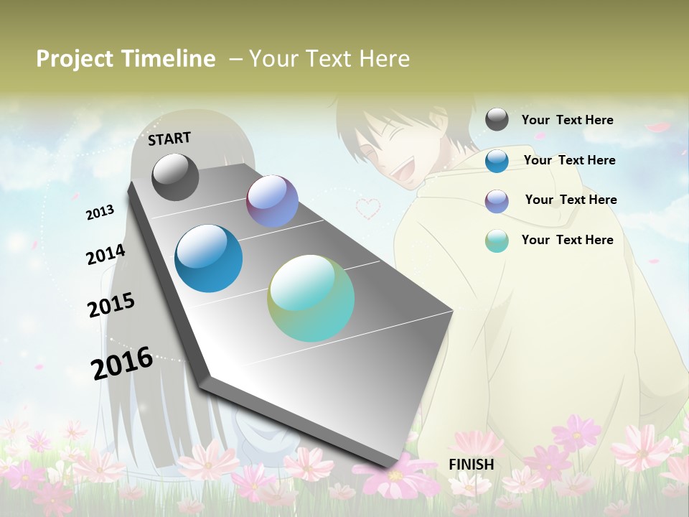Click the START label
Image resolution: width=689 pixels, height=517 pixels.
coord(169,139)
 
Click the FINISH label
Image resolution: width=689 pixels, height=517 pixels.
coord(471,465)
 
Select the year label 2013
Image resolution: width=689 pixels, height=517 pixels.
coord(100,212)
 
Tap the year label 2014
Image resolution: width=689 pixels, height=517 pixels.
coord(106,254)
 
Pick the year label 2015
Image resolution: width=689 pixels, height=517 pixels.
coord(111,305)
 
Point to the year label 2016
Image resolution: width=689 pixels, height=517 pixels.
coord(122,363)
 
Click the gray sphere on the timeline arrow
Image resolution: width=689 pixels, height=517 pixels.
coord(175,177)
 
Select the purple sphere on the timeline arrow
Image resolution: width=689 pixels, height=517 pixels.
coord(272,201)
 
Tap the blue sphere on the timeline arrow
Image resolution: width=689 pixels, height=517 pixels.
coord(209,258)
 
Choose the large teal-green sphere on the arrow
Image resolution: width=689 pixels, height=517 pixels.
coord(311,298)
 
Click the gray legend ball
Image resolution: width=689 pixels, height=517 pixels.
coord(497,119)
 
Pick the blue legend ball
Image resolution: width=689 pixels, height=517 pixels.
coord(497,161)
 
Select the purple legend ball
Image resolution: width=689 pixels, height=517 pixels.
coord(497,201)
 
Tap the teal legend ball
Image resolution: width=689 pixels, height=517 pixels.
coord(497,241)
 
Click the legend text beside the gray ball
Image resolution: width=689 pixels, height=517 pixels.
coord(567,120)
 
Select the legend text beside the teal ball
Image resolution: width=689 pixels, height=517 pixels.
coord(567,240)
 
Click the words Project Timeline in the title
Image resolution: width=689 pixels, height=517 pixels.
coord(126,59)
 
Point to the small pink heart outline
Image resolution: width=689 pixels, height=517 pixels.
coord(368,208)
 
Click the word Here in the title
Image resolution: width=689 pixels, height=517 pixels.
coord(384,59)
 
